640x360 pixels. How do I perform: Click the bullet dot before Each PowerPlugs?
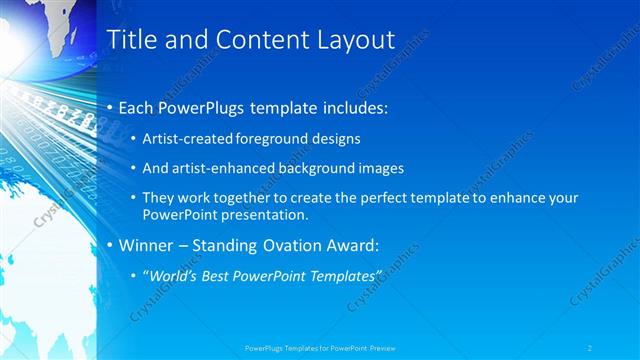tap(111, 107)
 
